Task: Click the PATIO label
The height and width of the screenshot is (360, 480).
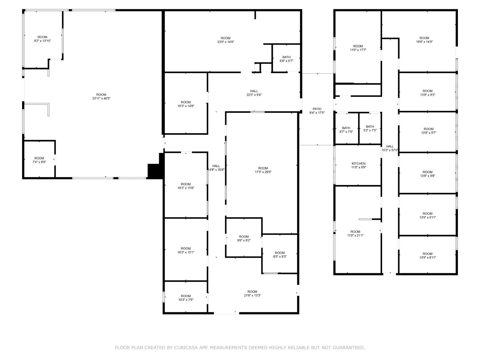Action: pyautogui.click(x=317, y=109)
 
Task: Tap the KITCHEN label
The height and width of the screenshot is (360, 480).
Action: pyautogui.click(x=358, y=164)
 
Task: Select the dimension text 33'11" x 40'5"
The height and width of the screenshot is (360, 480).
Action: pyautogui.click(x=101, y=98)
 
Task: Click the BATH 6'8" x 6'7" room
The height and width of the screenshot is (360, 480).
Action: pyautogui.click(x=286, y=59)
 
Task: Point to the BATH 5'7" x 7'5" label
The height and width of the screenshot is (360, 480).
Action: pyautogui.click(x=346, y=130)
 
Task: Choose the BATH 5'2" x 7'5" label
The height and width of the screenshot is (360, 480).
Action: pyautogui.click(x=370, y=128)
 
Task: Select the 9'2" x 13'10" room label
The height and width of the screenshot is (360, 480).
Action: pyautogui.click(x=42, y=39)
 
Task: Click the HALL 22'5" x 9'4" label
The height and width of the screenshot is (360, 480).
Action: pyautogui.click(x=254, y=93)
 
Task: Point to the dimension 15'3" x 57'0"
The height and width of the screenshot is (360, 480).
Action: pyautogui.click(x=390, y=150)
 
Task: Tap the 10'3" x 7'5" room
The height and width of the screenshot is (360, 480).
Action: pyautogui.click(x=186, y=297)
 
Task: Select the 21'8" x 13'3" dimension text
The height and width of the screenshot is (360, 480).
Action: pyautogui.click(x=252, y=295)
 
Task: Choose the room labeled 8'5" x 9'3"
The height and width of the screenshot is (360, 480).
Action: pyautogui.click(x=280, y=254)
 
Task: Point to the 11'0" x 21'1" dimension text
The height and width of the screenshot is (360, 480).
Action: pyautogui.click(x=355, y=236)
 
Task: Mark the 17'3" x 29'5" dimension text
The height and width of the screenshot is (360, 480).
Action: pyautogui.click(x=263, y=172)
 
